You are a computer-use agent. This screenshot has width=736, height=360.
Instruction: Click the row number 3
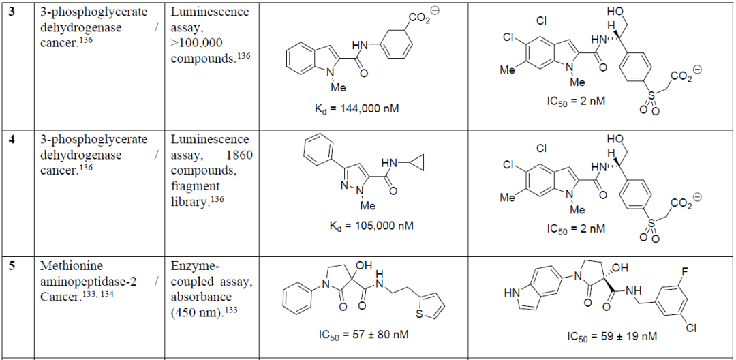point(12,12)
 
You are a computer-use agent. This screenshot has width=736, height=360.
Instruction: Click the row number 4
point(12,139)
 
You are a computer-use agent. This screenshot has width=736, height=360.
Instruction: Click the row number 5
point(12,266)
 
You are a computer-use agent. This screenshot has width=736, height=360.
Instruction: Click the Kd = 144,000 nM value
point(356,109)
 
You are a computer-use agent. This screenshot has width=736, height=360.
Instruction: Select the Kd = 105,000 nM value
point(371,225)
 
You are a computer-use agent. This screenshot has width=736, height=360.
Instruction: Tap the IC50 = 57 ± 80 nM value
point(363,335)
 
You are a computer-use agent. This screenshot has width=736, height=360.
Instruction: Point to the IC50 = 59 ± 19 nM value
point(611,337)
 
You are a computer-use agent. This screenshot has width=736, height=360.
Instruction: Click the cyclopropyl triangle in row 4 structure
point(415,164)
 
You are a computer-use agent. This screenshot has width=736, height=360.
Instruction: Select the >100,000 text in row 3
point(197,43)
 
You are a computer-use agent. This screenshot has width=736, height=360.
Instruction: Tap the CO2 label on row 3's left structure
point(419,19)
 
